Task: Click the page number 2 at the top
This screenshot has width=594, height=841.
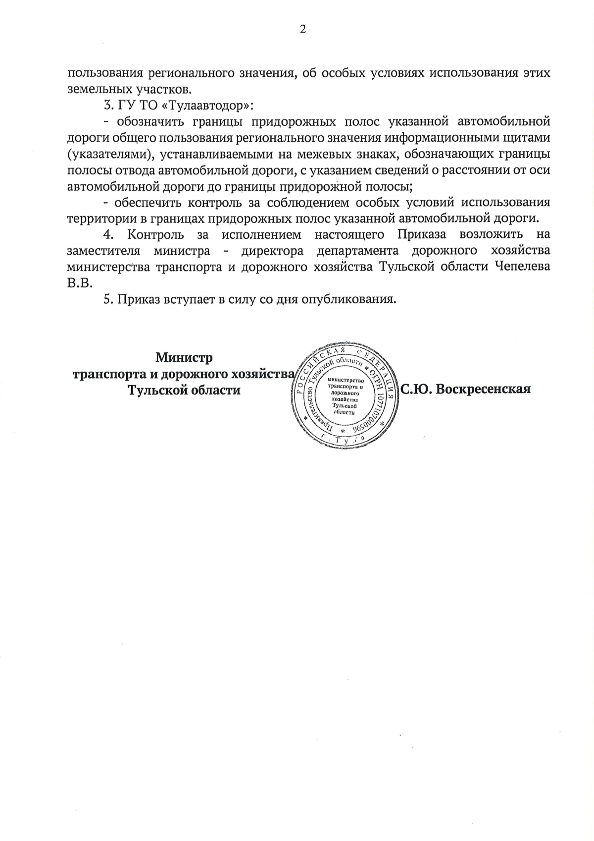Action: (x=302, y=29)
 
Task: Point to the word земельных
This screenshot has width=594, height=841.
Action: (x=97, y=89)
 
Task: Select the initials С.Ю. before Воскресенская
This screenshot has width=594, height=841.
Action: (x=416, y=389)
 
